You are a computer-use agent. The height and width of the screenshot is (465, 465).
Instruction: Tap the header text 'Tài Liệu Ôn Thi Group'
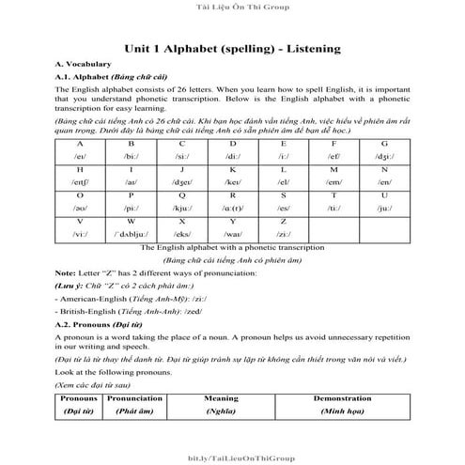click(x=232, y=8)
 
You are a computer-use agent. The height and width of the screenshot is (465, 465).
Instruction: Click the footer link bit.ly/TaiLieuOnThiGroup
click(x=232, y=456)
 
